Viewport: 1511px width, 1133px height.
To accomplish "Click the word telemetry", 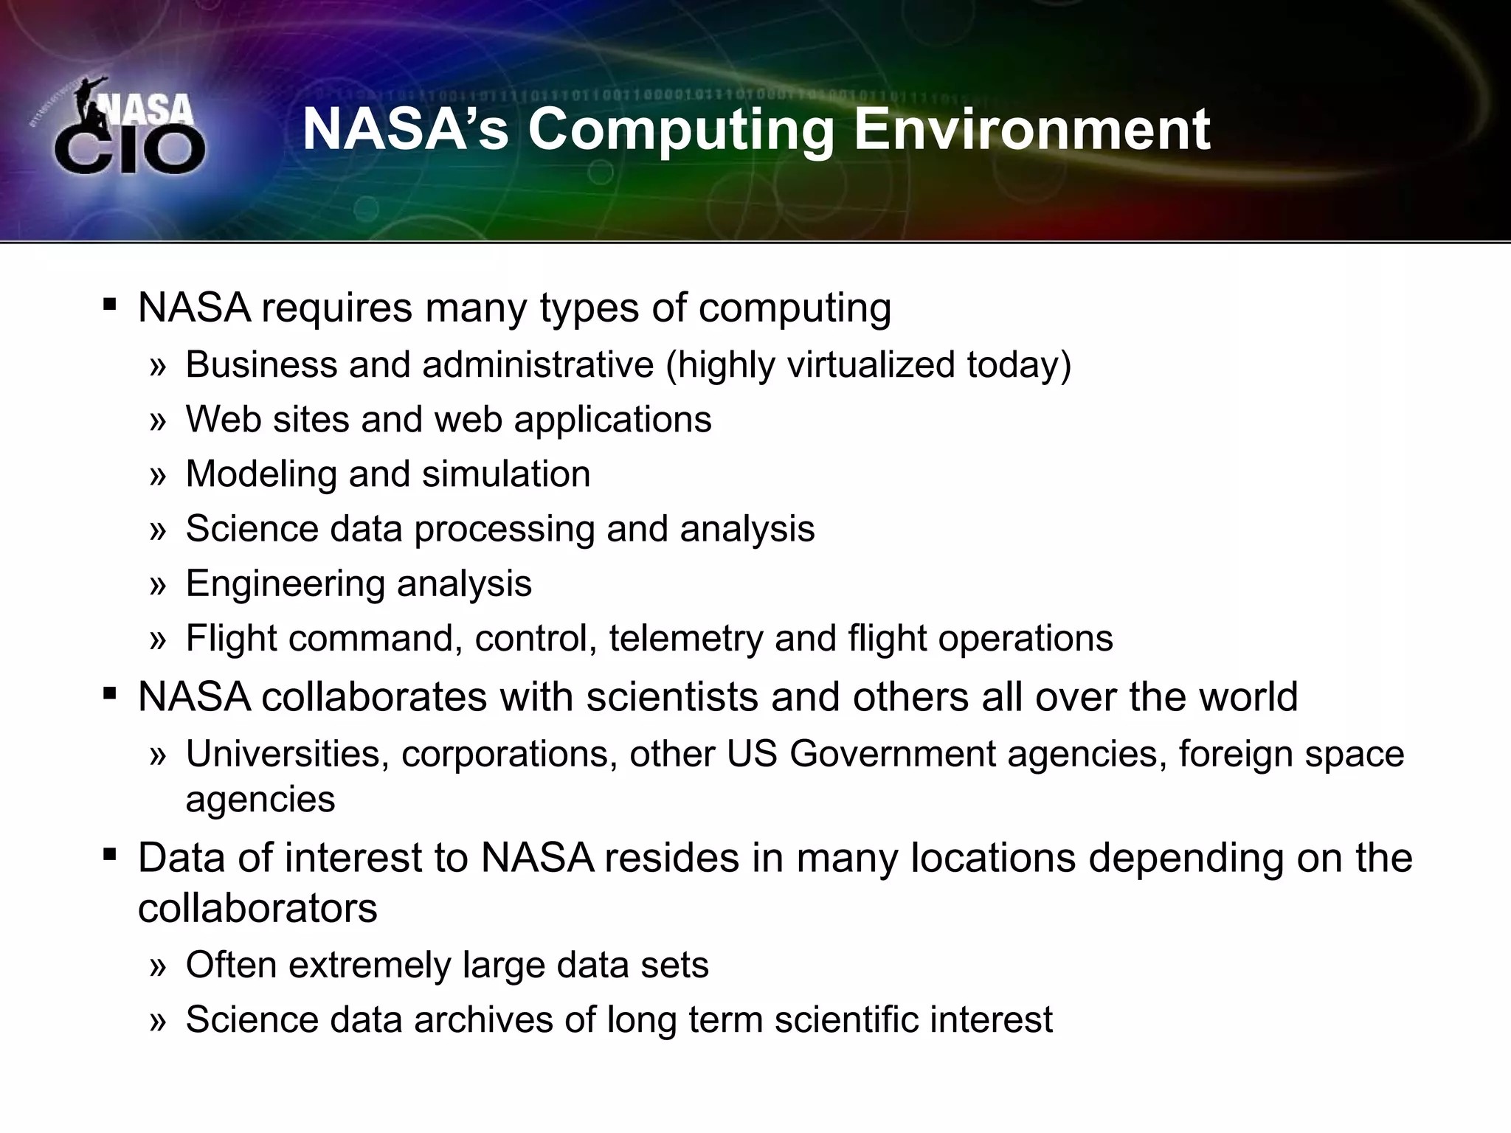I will pyautogui.click(x=686, y=638).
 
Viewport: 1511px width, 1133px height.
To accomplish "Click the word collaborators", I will pyautogui.click(x=257, y=908).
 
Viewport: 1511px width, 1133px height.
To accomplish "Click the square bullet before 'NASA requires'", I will pyautogui.click(x=110, y=305).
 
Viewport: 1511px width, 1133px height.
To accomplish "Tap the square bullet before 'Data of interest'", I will pyautogui.click(x=110, y=855).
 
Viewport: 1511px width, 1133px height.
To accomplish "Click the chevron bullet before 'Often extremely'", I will pyautogui.click(x=158, y=966).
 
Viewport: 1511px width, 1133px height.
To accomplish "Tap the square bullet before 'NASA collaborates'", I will pyautogui.click(x=110, y=694).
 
